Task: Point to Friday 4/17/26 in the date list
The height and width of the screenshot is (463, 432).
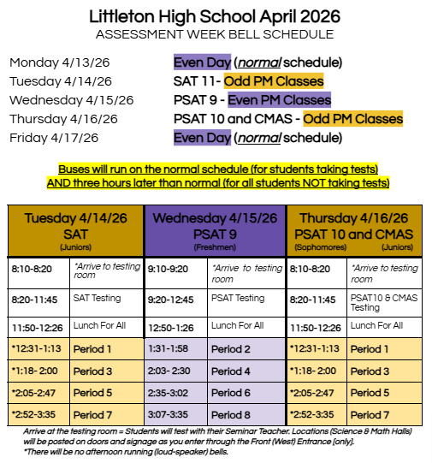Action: coord(54,138)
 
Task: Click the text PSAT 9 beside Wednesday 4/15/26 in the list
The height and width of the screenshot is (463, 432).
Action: coord(196,100)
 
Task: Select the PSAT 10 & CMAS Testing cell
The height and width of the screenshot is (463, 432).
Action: coord(383,302)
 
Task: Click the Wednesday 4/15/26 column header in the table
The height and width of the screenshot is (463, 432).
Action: coord(215,219)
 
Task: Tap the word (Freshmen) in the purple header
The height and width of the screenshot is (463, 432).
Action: coord(215,247)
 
